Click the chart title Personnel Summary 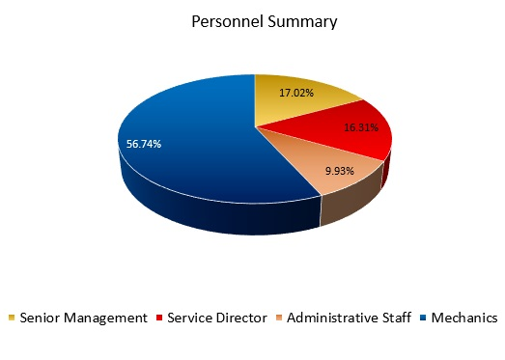[251, 21]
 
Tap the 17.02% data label [296, 95]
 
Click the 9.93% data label [340, 171]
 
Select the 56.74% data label [144, 144]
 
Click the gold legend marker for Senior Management [11, 318]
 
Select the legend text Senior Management [83, 318]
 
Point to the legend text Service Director [216, 318]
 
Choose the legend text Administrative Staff [349, 318]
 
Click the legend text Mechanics [464, 318]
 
